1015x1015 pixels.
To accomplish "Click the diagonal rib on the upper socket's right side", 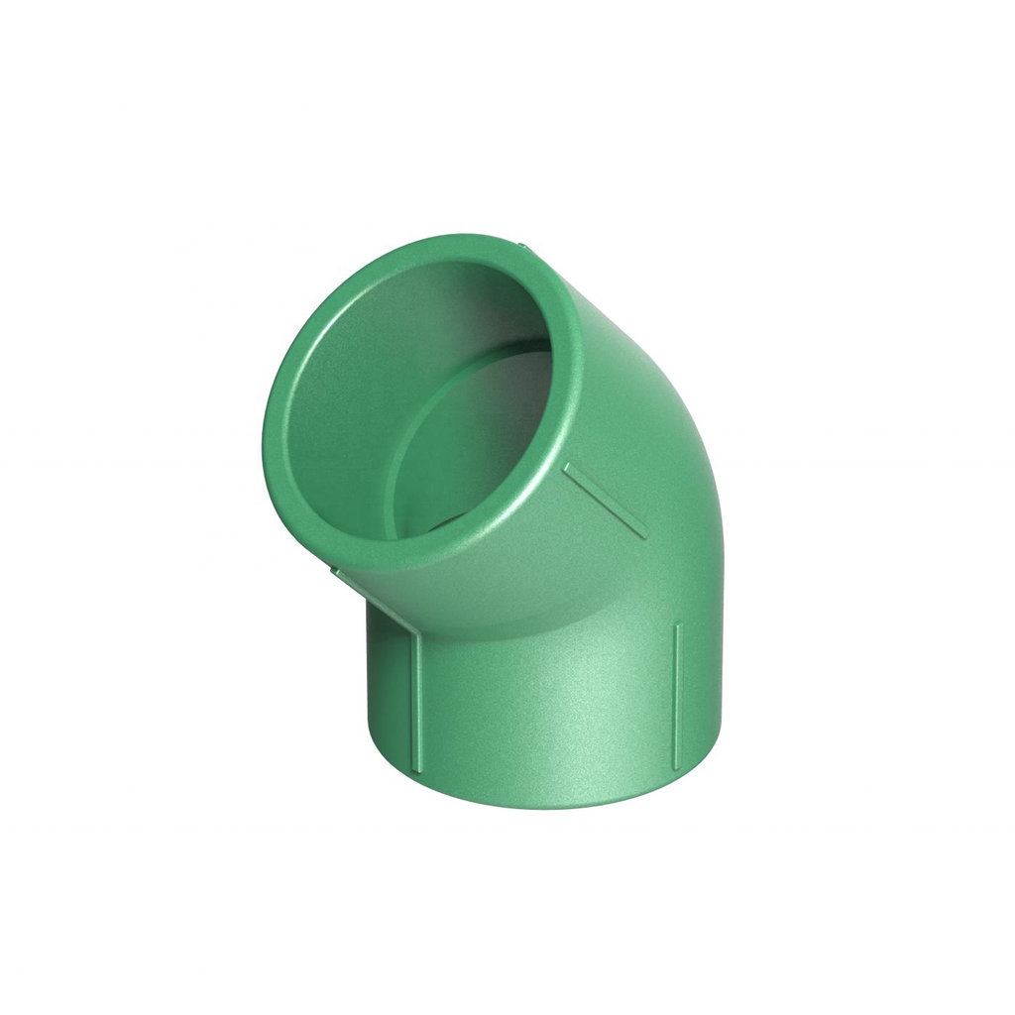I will pos(606,501).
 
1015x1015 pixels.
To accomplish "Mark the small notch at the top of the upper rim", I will pos(520,241).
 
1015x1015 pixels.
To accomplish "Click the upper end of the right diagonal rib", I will pos(568,465).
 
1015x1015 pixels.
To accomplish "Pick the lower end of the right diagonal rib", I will pos(644,535).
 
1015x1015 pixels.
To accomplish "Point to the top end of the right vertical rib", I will pos(678,626).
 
